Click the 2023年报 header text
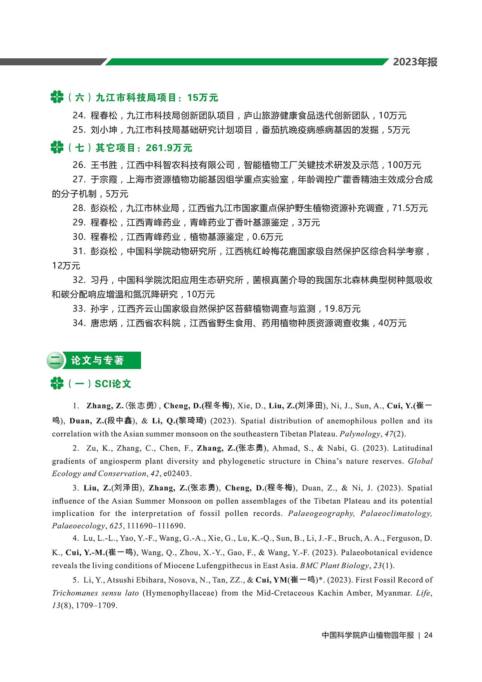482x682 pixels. point(415,62)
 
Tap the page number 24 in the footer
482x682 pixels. point(428,635)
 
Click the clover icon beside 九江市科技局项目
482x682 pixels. point(57,97)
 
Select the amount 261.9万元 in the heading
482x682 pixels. point(169,148)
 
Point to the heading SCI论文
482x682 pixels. point(113,384)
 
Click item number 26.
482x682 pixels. point(79,165)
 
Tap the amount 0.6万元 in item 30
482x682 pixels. point(267,237)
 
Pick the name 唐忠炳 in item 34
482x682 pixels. point(104,323)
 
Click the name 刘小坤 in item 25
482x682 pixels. point(104,130)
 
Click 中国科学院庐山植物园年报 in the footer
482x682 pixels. point(368,635)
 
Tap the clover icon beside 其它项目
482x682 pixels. point(57,148)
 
